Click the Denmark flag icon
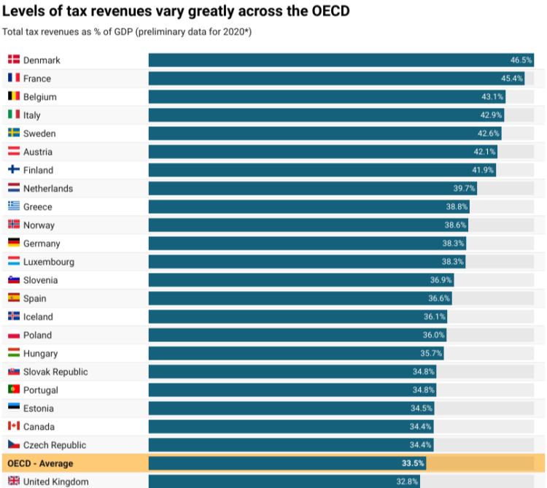[14, 60]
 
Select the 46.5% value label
[521, 60]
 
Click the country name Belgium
[39, 97]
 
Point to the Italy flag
[14, 115]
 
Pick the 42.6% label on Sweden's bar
[488, 133]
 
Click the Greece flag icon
[14, 206]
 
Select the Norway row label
[39, 225]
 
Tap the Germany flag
[14, 243]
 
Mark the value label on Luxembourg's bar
[453, 262]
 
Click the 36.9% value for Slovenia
[441, 280]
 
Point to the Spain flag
[14, 298]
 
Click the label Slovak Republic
[55, 372]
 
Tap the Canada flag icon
[14, 426]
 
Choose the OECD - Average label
[40, 463]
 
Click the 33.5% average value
[413, 463]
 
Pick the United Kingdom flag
[14, 481]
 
